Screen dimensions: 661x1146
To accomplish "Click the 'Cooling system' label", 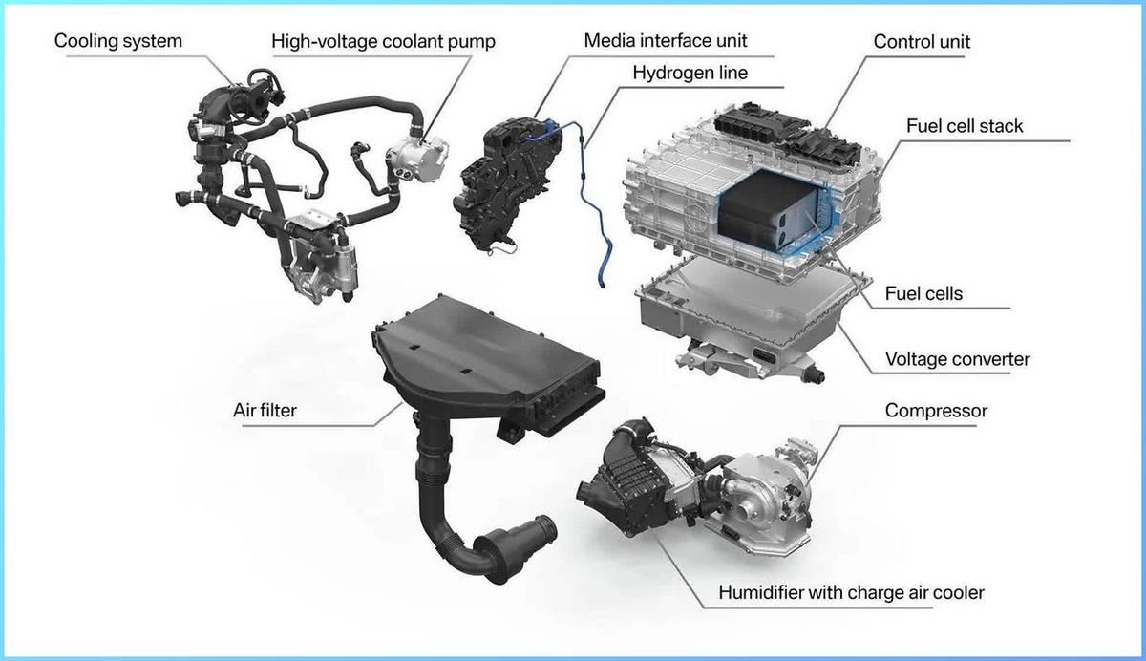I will click(x=117, y=41).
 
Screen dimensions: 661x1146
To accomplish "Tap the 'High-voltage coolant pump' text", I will click(x=384, y=41).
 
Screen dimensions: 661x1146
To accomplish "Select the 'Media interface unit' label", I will click(x=666, y=40).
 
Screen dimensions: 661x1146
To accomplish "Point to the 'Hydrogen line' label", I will click(x=690, y=72).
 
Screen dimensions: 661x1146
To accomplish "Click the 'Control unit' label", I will click(x=922, y=42).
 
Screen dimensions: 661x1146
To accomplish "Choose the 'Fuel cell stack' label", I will click(x=964, y=125).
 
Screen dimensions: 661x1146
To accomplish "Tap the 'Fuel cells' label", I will click(x=923, y=293).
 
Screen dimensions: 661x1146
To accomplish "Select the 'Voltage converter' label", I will click(x=957, y=359).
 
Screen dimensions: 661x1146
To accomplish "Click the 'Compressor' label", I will click(x=936, y=411).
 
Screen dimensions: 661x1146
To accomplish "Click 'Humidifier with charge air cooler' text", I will click(x=851, y=592).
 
